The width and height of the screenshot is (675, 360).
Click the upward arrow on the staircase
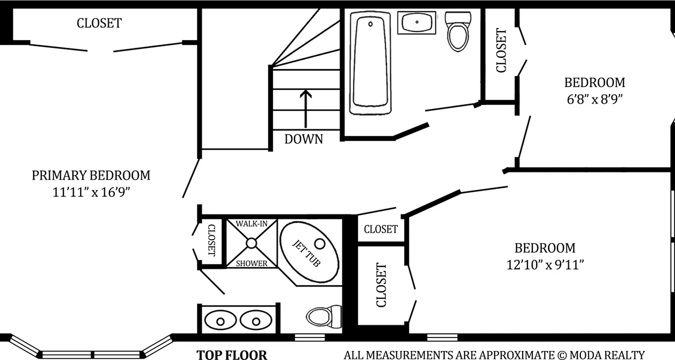tap(306, 108)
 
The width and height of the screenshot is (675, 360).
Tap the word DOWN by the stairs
tap(304, 139)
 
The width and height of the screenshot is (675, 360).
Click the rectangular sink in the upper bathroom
tap(417, 22)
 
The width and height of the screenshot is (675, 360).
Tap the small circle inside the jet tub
tap(319, 243)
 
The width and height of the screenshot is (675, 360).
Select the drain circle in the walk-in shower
tap(251, 243)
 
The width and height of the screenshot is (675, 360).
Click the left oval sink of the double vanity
tap(220, 321)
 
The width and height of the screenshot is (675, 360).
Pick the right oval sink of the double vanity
tap(256, 321)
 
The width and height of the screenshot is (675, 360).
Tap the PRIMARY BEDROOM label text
tap(91, 175)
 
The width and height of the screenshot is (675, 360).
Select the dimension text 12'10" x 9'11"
tap(545, 265)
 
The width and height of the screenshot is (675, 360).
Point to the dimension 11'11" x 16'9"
tap(91, 193)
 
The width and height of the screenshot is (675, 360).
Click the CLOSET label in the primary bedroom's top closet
tap(99, 23)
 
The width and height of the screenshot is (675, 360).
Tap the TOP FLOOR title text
tap(232, 355)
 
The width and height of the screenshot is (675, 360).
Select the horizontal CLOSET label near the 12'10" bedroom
tap(381, 229)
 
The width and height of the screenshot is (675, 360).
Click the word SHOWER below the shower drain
tap(252, 264)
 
